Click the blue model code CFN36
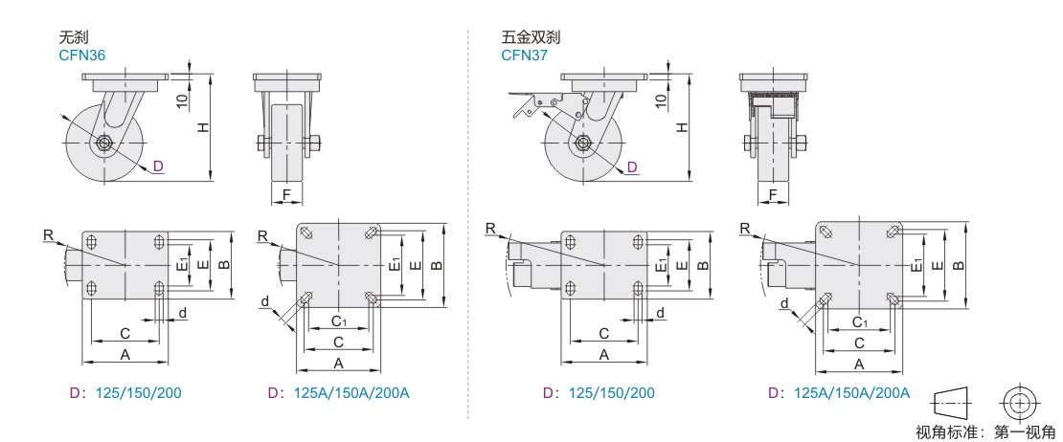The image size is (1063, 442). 81,55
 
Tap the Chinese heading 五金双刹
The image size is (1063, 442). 531,38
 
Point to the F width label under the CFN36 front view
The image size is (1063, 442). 286,195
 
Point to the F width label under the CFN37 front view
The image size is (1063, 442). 773,195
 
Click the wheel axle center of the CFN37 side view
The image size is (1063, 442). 580,144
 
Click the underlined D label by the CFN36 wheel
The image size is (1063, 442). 159,166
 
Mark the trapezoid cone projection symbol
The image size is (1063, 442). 962,400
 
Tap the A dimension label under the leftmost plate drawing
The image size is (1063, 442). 124,354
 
